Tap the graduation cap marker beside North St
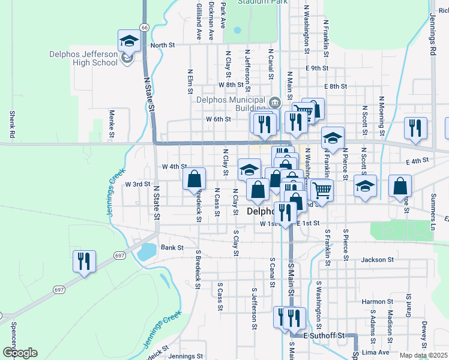point(129,41)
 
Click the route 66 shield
point(145,27)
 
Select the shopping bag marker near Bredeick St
point(194,178)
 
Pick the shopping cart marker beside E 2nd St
point(322,190)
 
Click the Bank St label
point(171,247)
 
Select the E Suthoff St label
point(325,335)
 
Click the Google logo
point(20,353)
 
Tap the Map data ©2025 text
point(423,356)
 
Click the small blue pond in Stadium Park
point(237,30)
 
